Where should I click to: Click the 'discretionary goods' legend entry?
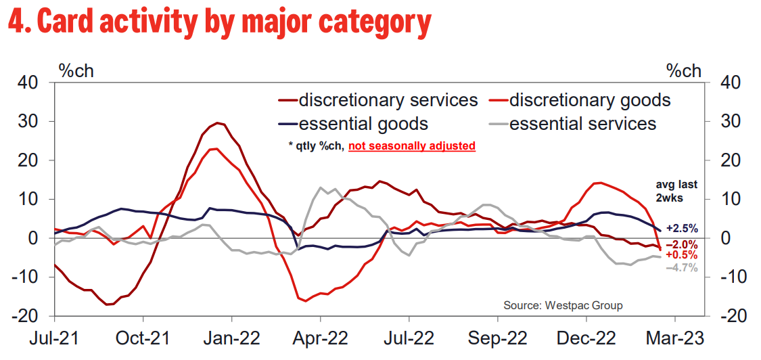point(589,101)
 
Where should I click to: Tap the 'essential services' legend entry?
point(582,124)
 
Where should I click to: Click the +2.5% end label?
point(682,229)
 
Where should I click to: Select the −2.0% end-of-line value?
point(682,244)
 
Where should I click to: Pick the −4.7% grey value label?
point(682,268)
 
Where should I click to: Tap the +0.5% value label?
point(682,255)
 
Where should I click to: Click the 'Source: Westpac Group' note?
point(563,305)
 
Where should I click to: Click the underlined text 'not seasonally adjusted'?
point(412,145)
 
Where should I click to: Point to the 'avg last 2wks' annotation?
point(676,190)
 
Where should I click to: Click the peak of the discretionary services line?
point(218,123)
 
